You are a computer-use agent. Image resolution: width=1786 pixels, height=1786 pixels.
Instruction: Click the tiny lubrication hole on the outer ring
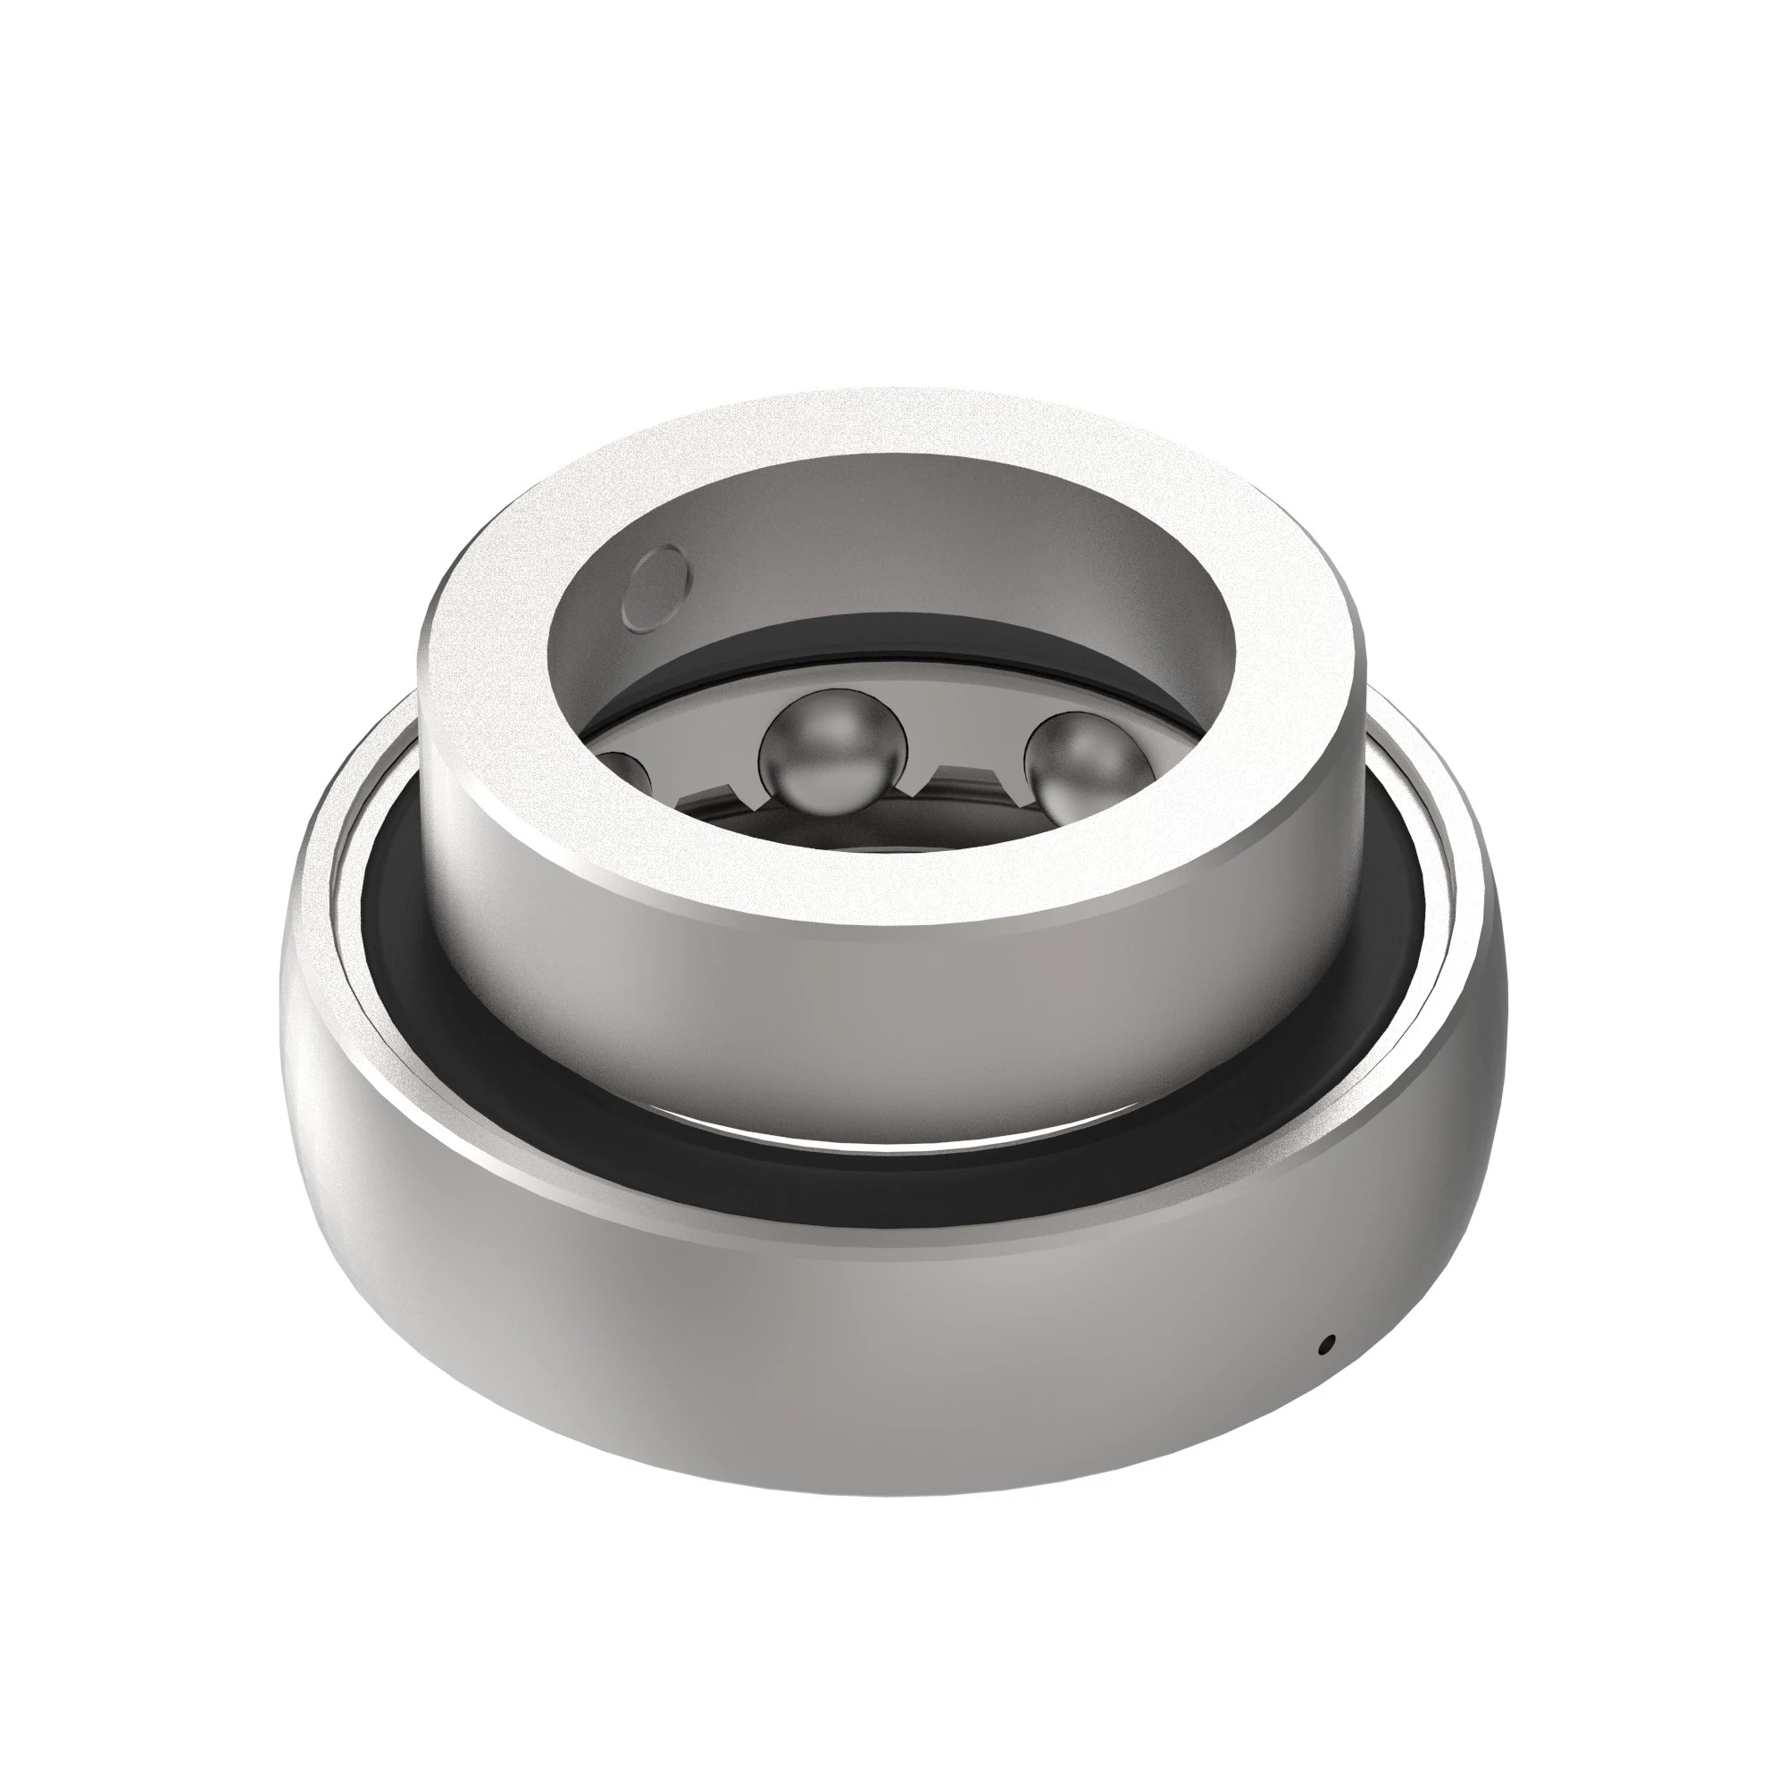click(1329, 1370)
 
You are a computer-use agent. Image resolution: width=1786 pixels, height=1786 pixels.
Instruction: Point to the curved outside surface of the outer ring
click(832, 1387)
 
